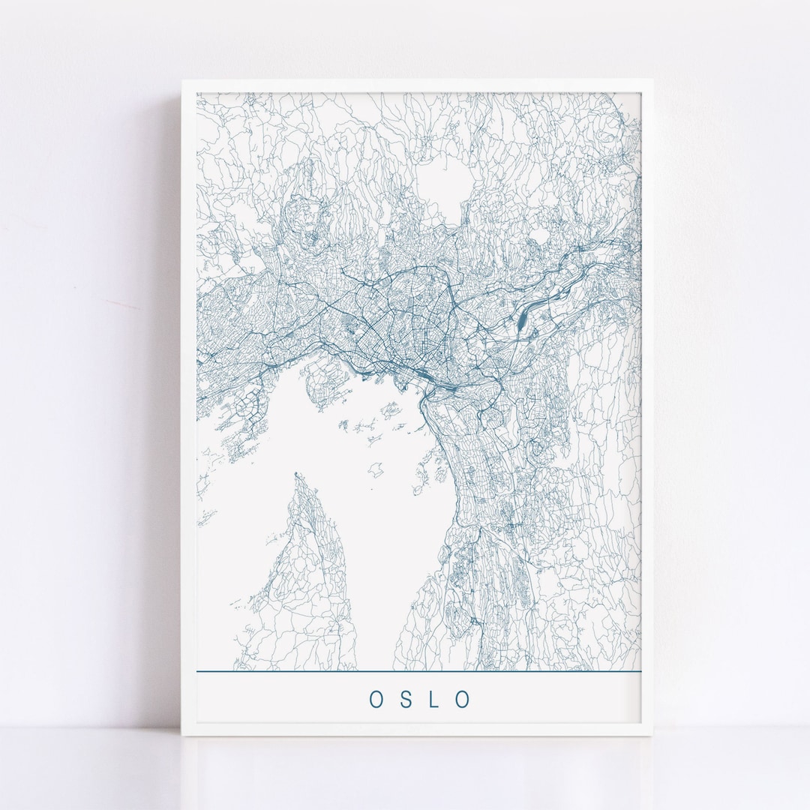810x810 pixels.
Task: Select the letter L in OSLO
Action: click(436, 698)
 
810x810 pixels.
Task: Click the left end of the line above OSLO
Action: click(198, 671)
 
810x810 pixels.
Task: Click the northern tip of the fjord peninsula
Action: click(297, 475)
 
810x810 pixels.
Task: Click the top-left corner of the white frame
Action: click(181, 79)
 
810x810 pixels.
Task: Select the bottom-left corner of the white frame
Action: click(182, 739)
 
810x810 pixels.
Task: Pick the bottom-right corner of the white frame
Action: click(654, 739)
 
